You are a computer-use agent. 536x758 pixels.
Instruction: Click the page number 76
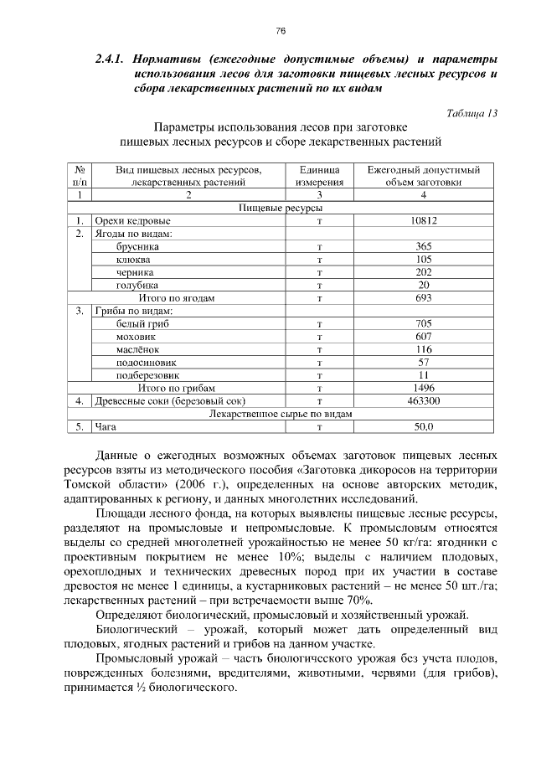[281, 31]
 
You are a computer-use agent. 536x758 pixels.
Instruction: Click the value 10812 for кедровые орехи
[424, 220]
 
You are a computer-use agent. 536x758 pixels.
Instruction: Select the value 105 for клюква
[424, 260]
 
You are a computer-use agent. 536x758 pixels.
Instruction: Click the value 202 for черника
[424, 272]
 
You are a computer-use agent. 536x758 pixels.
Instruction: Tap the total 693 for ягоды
[424, 297]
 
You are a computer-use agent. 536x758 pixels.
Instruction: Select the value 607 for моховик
[424, 336]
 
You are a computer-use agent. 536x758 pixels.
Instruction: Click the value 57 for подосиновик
[424, 362]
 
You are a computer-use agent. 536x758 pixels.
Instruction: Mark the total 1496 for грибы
[424, 388]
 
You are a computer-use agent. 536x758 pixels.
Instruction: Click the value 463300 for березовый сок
[424, 400]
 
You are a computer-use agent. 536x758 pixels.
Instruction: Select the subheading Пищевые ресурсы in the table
[281, 208]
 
